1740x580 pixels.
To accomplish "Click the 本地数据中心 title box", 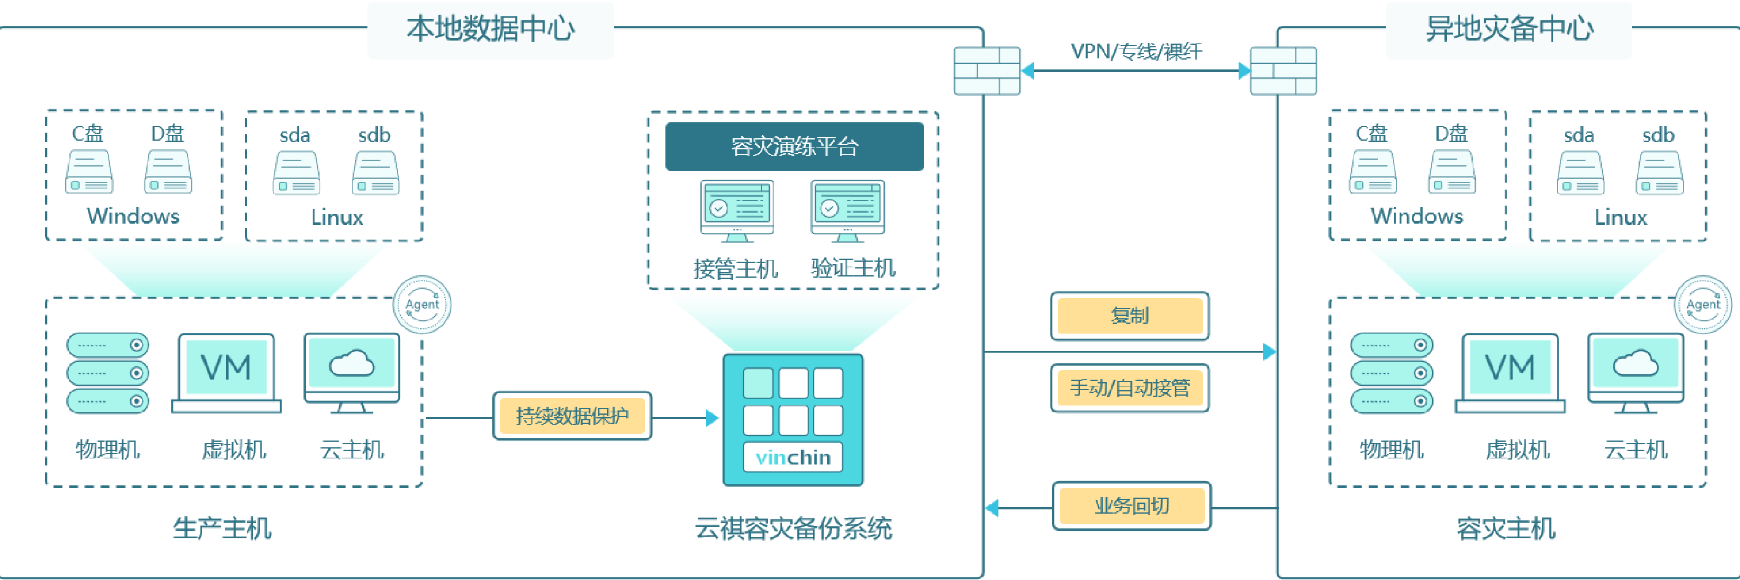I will point(490,30).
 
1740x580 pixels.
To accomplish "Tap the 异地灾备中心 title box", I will point(1508,30).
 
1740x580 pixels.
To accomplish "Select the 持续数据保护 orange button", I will point(572,416).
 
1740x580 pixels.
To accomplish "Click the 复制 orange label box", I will point(1130,316).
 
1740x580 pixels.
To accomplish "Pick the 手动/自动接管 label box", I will point(1130,388).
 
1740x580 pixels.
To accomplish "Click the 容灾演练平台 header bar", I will point(794,146).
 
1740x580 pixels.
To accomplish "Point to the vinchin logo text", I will point(793,458).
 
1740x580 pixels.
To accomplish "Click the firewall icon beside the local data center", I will point(987,70).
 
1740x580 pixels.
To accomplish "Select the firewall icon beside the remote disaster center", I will point(1283,70).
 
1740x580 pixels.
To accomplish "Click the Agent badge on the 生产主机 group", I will point(422,305).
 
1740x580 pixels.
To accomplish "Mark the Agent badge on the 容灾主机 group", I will point(1703,305).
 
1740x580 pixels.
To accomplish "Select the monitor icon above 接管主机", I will point(737,210).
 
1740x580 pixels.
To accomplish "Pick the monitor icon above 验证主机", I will point(848,210).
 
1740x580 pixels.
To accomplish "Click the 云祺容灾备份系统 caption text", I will point(794,528).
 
